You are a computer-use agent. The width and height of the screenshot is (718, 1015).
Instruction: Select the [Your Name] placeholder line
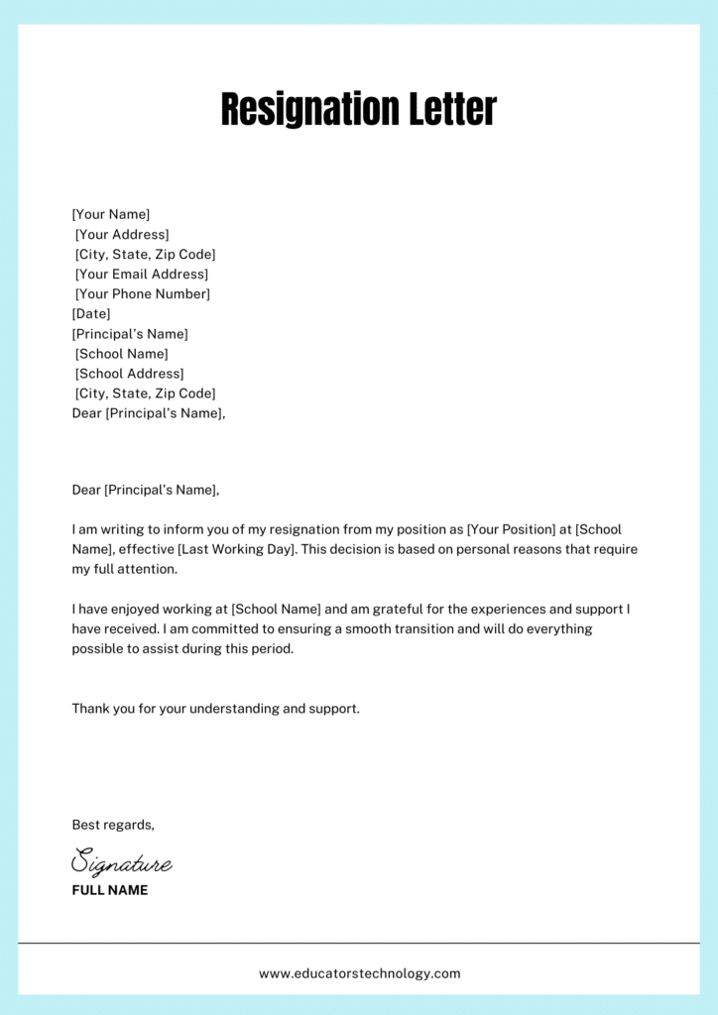pyautogui.click(x=111, y=214)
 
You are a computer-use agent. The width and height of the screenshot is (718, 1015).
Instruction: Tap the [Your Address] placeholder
pyautogui.click(x=122, y=235)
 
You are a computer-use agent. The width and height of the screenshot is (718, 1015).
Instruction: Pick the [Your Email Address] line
pyautogui.click(x=142, y=275)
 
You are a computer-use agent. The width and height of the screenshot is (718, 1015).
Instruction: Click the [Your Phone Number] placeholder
pyautogui.click(x=143, y=294)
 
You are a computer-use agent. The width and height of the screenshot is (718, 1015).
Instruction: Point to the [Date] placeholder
pyautogui.click(x=91, y=314)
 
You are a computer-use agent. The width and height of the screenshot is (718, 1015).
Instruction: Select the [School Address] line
pyautogui.click(x=130, y=374)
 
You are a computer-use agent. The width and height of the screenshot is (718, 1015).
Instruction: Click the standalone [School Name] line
pyautogui.click(x=122, y=354)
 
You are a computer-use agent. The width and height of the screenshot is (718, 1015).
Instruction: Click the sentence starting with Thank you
pyautogui.click(x=215, y=709)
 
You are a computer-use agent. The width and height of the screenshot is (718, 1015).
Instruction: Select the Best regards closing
pyautogui.click(x=113, y=825)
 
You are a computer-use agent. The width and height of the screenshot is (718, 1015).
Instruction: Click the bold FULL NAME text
pyautogui.click(x=110, y=890)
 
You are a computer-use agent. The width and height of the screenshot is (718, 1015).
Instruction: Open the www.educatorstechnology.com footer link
pyautogui.click(x=359, y=973)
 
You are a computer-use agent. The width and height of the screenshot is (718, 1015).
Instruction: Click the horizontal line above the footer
pyautogui.click(x=359, y=943)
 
